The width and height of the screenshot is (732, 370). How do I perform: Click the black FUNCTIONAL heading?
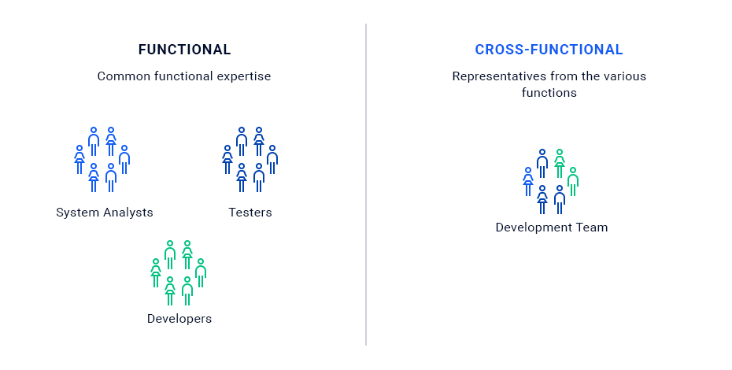click(184, 50)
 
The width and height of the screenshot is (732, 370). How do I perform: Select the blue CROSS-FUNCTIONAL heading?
click(549, 50)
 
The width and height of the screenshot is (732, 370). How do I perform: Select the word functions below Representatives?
click(549, 93)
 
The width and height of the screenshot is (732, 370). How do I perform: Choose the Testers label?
click(250, 213)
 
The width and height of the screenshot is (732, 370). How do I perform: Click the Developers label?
click(179, 319)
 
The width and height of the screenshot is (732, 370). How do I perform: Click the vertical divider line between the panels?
click(366, 184)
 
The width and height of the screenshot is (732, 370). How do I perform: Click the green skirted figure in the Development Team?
click(560, 164)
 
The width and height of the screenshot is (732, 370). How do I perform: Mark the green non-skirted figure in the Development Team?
click(573, 182)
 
